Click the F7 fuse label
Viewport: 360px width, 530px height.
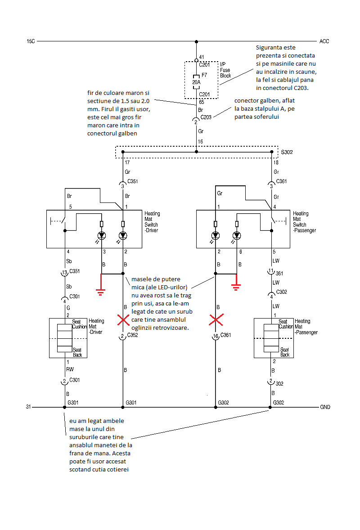pyautogui.click(x=204, y=75)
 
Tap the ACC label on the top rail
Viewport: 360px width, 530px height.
pyautogui.click(x=324, y=41)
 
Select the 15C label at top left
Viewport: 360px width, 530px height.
pyautogui.click(x=31, y=41)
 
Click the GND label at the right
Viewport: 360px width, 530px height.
pyautogui.click(x=325, y=407)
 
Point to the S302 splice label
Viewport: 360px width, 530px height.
pyautogui.click(x=287, y=152)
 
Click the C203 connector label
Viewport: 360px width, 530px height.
pyautogui.click(x=206, y=117)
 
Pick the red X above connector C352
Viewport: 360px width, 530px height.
pyautogui.click(x=123, y=320)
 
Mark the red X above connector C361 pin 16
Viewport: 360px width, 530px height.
pyautogui.click(x=216, y=320)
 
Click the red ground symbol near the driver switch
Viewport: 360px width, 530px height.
pyautogui.click(x=101, y=284)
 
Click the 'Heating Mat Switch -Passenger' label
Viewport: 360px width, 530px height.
pyautogui.click(x=304, y=222)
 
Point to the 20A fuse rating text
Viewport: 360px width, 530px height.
pyautogui.click(x=196, y=82)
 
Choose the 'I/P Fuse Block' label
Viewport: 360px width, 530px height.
pyautogui.click(x=225, y=70)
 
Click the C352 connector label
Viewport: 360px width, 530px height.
pyautogui.click(x=132, y=335)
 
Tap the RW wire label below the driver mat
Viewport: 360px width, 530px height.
pyautogui.click(x=70, y=369)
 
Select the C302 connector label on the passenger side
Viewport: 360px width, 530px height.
pyautogui.click(x=282, y=292)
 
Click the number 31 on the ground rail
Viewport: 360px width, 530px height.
pyautogui.click(x=28, y=407)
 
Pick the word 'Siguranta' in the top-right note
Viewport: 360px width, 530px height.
pyautogui.click(x=269, y=48)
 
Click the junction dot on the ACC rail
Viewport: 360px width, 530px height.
pyautogui.click(x=196, y=41)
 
